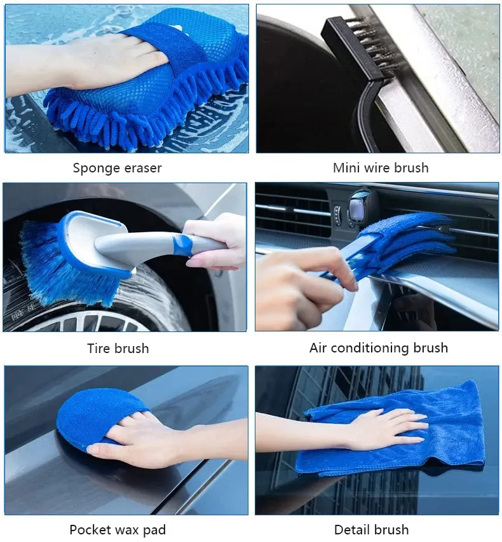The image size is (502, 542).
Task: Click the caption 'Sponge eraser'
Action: (x=117, y=168)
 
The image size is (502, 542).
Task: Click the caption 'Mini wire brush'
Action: (x=381, y=168)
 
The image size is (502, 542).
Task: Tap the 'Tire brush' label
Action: (x=118, y=348)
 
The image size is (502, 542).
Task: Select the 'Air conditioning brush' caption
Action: (x=379, y=348)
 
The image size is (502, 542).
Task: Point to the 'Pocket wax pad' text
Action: (x=118, y=529)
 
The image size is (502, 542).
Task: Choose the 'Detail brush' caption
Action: (x=371, y=529)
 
